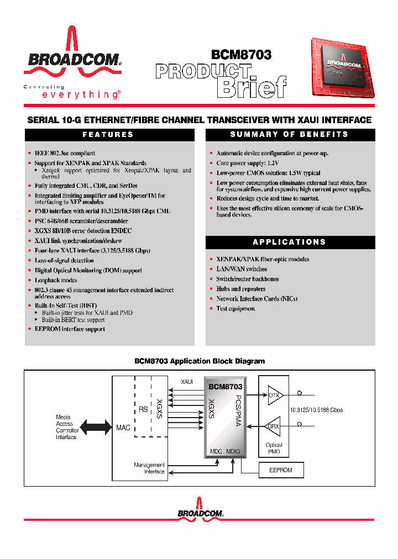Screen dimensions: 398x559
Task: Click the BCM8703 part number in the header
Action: tap(241, 55)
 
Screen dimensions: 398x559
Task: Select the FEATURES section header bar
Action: tap(109, 135)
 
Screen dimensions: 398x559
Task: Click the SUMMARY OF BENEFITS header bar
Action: tap(290, 135)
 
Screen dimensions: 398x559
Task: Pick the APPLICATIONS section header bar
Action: tap(290, 242)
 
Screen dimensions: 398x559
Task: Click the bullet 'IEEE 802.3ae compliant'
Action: tap(65, 153)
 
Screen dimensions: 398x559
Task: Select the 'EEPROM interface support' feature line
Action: tap(70, 329)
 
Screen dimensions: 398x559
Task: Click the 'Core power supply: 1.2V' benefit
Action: tap(247, 163)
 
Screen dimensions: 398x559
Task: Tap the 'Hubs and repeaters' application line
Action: tap(240, 288)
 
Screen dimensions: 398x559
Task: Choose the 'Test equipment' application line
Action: tap(235, 308)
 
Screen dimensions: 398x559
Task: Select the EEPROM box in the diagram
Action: tap(280, 470)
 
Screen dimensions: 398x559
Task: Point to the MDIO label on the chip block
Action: tap(233, 451)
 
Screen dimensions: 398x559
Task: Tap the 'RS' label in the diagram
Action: tap(143, 410)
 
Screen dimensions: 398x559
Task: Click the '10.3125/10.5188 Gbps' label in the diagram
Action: tap(316, 410)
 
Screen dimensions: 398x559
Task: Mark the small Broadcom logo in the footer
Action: tap(200, 511)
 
